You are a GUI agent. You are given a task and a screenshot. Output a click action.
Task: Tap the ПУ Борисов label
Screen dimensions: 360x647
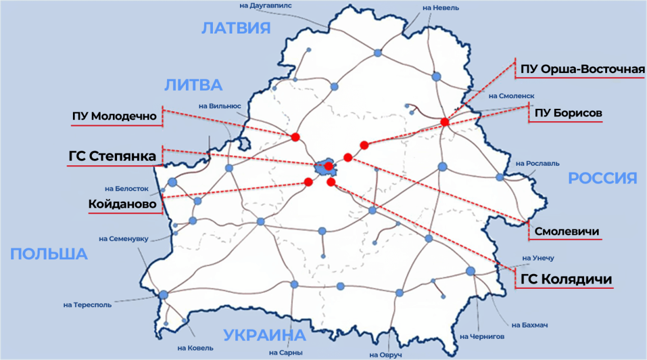pos(568,113)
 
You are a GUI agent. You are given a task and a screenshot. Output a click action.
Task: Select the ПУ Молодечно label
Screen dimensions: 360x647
pos(115,116)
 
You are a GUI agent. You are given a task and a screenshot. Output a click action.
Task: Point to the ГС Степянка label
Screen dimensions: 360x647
pos(112,156)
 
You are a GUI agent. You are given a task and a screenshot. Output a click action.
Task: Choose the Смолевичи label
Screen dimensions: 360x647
pos(567,232)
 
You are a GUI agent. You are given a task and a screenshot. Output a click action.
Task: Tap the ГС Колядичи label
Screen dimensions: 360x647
pos(566,279)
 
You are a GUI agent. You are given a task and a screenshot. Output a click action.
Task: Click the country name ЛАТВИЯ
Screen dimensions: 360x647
pos(236,28)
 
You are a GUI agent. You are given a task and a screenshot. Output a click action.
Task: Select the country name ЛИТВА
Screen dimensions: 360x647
pos(193,85)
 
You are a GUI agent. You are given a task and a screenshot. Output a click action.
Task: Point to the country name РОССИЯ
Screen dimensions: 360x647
pos(603,178)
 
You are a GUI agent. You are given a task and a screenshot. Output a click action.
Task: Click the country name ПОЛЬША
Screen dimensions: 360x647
pos(49,254)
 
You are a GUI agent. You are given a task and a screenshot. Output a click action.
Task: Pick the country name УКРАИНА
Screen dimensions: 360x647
pos(264,335)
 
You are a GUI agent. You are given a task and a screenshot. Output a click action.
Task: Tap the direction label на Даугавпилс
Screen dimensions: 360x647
pos(266,6)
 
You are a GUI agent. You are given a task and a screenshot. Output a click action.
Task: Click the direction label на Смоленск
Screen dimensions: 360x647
pos(511,95)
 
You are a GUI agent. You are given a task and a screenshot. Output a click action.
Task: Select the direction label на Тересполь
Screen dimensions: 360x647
pos(87,305)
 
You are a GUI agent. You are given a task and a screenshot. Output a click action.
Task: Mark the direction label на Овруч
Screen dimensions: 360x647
pos(385,355)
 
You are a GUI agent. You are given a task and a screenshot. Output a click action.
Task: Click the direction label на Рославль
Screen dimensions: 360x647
pos(537,163)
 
